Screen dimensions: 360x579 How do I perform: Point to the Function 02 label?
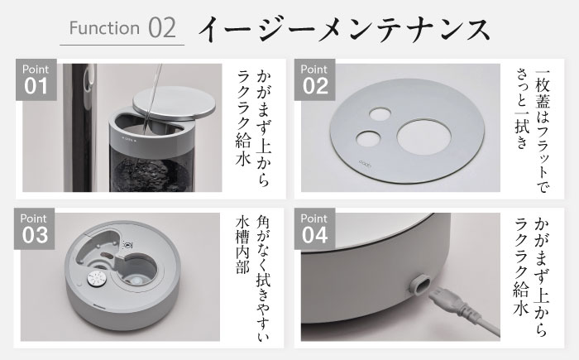click(123, 27)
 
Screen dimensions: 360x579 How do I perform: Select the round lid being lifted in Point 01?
click(175, 103)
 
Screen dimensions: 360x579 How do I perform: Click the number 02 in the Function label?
click(162, 27)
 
